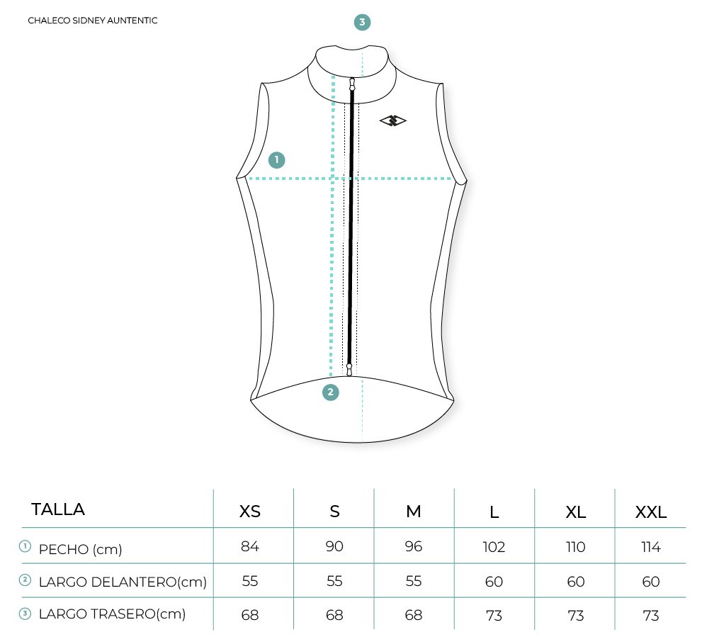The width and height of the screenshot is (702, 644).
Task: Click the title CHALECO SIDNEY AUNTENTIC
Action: pyautogui.click(x=92, y=21)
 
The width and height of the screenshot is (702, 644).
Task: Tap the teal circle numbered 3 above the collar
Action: pyautogui.click(x=362, y=23)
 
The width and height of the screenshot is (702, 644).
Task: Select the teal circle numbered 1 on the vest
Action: pyautogui.click(x=276, y=159)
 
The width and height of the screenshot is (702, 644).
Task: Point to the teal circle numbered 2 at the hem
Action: pyautogui.click(x=331, y=392)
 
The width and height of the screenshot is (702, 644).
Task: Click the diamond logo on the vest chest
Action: pyautogui.click(x=393, y=121)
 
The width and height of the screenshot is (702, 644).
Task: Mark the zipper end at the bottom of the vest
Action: pyautogui.click(x=349, y=368)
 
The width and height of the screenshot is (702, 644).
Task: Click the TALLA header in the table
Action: pyautogui.click(x=58, y=509)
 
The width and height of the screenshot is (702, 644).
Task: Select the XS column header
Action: pyautogui.click(x=250, y=512)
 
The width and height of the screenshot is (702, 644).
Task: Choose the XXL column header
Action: pyautogui.click(x=650, y=512)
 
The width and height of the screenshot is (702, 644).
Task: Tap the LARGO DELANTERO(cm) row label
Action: pyautogui.click(x=123, y=582)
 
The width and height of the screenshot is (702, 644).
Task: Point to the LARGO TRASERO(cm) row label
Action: pyautogui.click(x=112, y=614)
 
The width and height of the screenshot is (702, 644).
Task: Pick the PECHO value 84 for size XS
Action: pyautogui.click(x=250, y=547)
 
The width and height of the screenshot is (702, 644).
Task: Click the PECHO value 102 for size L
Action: pyautogui.click(x=494, y=547)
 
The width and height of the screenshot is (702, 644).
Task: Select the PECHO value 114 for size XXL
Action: pyautogui.click(x=650, y=547)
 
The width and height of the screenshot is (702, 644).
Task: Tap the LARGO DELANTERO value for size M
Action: pyautogui.click(x=413, y=582)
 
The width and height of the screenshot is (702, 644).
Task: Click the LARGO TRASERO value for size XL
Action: pyautogui.click(x=576, y=615)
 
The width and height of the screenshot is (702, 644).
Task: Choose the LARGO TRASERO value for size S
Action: pyautogui.click(x=334, y=615)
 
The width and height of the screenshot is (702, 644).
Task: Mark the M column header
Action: pyautogui.click(x=414, y=512)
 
